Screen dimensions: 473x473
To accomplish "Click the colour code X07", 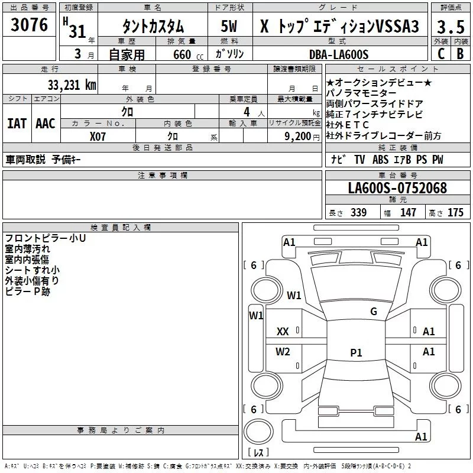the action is [99, 135].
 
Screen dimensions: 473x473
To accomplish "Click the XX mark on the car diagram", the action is [283, 332].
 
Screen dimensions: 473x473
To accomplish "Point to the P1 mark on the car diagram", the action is [356, 353].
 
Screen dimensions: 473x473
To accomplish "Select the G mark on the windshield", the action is [373, 311].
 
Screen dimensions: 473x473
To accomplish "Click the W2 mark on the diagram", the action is [283, 352].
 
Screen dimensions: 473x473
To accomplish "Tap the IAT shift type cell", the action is [17, 124].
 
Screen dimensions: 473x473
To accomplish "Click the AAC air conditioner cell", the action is [46, 124].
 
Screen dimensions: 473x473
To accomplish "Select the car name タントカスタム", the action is [153, 27].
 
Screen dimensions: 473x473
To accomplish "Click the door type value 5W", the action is [230, 27].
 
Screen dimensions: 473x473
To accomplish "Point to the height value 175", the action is [455, 213].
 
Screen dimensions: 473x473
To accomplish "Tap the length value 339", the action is [357, 213].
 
